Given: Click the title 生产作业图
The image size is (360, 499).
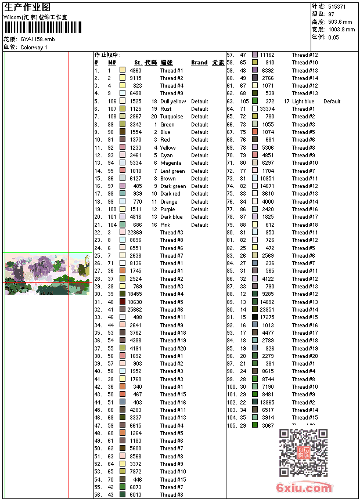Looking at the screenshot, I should (x=27, y=7).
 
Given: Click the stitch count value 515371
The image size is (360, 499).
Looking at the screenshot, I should (x=337, y=6).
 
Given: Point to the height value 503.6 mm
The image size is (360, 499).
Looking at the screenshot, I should (x=341, y=21).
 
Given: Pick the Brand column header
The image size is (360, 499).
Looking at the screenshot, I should (x=199, y=63).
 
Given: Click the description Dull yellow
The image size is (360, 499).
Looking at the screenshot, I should (x=173, y=101).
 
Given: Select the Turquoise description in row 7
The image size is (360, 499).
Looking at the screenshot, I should (x=171, y=117).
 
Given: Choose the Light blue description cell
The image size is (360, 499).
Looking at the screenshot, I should (x=303, y=102).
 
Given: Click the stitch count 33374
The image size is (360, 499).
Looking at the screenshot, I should (x=267, y=109).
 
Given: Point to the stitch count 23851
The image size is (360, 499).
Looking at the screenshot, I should (x=267, y=310).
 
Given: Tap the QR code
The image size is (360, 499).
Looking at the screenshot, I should (x=303, y=453).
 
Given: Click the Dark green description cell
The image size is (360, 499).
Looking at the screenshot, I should (x=173, y=186).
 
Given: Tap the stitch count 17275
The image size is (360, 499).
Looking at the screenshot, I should (x=267, y=317).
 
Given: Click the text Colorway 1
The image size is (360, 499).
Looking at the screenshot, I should (x=34, y=47).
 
